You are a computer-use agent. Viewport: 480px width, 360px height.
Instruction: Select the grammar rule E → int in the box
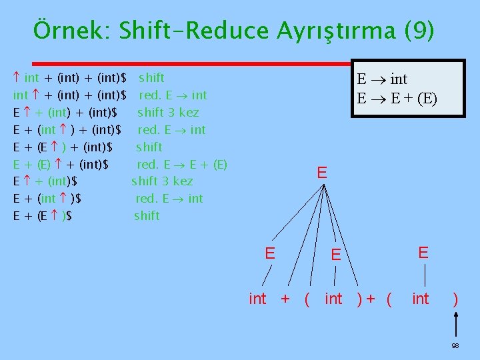point(382,79)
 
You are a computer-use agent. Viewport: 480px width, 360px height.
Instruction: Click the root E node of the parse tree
point(322,173)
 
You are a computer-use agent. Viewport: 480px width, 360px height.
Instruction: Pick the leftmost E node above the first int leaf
point(270,253)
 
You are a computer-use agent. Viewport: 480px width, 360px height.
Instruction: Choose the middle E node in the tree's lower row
point(337,254)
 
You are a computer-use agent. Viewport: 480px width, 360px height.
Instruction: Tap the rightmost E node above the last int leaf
point(423,252)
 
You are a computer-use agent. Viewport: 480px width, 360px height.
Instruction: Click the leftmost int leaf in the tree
point(257,299)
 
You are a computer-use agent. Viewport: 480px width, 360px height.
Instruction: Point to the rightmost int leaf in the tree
point(421,299)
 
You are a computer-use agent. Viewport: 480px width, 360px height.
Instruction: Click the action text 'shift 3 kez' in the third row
point(168,112)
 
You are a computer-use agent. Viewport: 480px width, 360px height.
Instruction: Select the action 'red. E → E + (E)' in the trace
point(182,163)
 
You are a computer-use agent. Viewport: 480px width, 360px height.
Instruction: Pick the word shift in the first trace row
point(151,77)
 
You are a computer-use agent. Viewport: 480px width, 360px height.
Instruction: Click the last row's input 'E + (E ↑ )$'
point(43,215)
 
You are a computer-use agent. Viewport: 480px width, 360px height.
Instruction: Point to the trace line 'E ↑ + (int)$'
point(45,181)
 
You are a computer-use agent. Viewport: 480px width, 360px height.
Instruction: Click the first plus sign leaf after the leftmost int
point(285,299)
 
